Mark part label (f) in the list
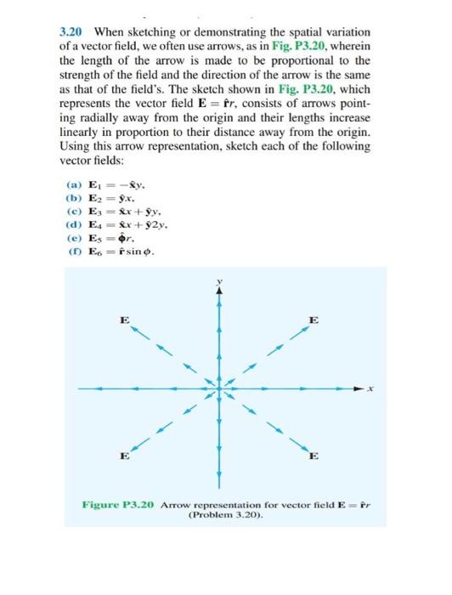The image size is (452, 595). click(x=73, y=253)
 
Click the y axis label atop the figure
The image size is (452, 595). click(x=219, y=281)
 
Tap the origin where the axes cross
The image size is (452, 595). click(x=219, y=388)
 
